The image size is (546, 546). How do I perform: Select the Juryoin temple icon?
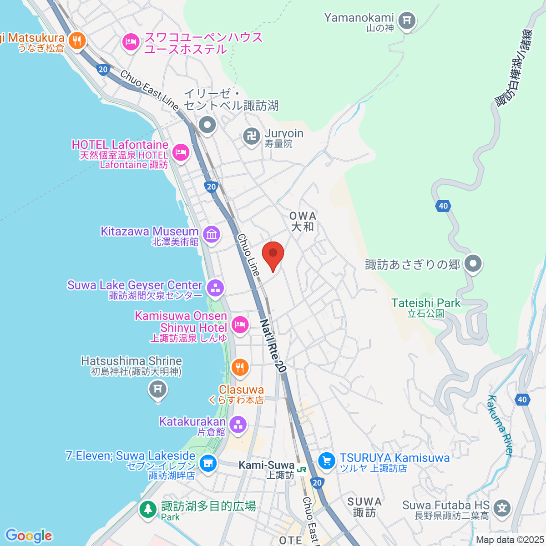(x=251, y=136)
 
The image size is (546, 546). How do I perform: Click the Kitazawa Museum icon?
(x=212, y=235)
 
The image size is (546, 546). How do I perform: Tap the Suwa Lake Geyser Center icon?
(x=215, y=288)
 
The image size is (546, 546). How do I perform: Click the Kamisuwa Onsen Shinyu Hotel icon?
(x=239, y=325)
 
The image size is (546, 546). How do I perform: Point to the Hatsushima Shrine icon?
(x=158, y=389)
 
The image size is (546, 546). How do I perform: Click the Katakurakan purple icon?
(x=238, y=425)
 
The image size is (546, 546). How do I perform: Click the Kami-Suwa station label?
(x=267, y=465)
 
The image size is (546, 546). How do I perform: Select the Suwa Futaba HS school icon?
(x=502, y=508)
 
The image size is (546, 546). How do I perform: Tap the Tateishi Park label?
(x=426, y=303)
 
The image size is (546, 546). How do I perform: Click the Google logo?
(x=29, y=536)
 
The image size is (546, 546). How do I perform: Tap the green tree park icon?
(x=148, y=508)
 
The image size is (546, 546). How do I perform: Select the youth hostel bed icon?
(x=131, y=43)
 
